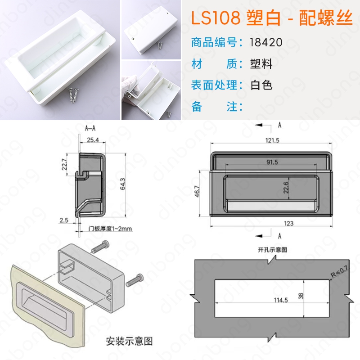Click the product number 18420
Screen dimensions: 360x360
266,42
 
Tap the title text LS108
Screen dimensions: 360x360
216,18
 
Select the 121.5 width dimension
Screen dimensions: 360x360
272,140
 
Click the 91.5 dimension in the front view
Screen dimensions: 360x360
272,162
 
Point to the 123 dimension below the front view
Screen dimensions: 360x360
288,223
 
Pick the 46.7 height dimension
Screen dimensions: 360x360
197,191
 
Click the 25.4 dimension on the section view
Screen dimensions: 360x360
93,140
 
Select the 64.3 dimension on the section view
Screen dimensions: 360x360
122,184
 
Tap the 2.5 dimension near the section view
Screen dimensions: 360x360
64,220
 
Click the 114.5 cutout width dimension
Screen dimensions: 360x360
281,300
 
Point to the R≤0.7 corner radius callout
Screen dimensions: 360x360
339,271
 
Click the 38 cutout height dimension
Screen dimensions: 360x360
301,296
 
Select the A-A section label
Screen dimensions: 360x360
90,128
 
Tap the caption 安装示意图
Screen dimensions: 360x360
129,341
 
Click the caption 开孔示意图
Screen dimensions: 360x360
272,250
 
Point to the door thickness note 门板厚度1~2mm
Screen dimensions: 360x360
110,229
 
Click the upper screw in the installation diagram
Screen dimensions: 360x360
100,246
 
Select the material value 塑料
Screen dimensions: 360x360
261,63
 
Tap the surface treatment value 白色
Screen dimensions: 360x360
261,85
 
